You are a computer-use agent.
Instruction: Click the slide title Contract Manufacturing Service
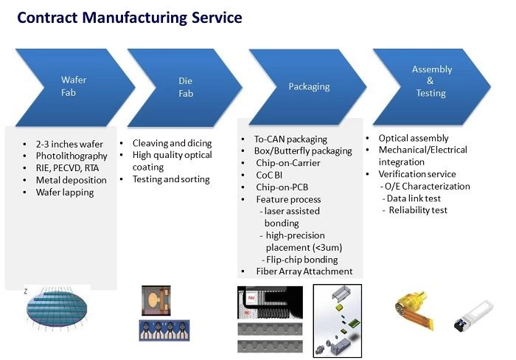129,18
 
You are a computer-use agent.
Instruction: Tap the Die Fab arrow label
185,86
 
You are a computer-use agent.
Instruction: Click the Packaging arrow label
308,86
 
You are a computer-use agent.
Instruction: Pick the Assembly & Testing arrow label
431,81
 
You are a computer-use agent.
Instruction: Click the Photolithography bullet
72,156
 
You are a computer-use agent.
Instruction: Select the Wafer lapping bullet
65,192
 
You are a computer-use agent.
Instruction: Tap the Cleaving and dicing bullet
172,143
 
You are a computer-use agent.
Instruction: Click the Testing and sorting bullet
171,179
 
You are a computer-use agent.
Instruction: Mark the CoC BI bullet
272,175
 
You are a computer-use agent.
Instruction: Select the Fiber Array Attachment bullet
304,271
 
